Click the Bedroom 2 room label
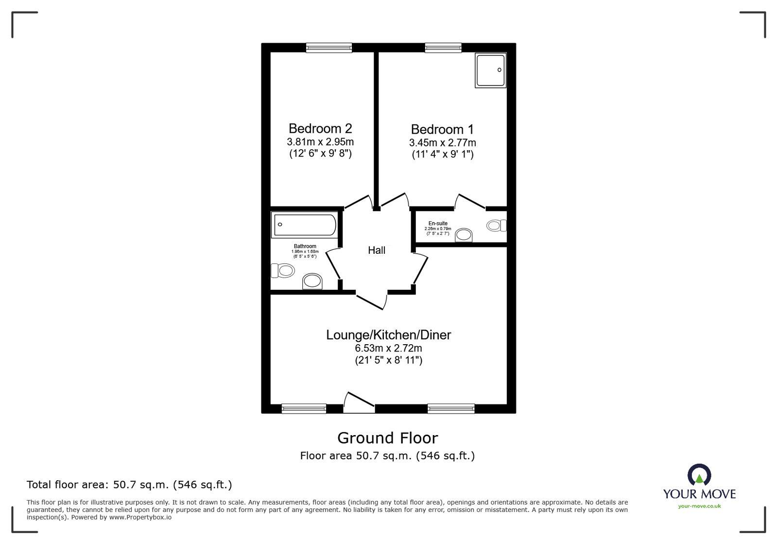click(x=320, y=128)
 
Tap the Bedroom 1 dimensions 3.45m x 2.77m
click(x=442, y=143)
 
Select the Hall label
click(x=377, y=250)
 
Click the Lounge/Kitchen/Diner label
click(x=388, y=335)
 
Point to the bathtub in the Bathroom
click(x=304, y=225)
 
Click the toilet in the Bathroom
click(x=283, y=270)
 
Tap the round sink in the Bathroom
click(x=312, y=281)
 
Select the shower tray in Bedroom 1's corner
click(x=490, y=70)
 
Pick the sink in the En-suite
click(x=464, y=235)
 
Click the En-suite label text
click(x=438, y=224)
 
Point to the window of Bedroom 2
click(x=329, y=47)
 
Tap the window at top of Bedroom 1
click(x=443, y=47)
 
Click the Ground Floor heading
click(x=387, y=438)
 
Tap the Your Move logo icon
click(x=699, y=474)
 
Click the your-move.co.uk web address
click(x=699, y=506)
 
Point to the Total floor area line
click(x=129, y=485)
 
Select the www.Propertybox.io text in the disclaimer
click(x=140, y=517)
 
